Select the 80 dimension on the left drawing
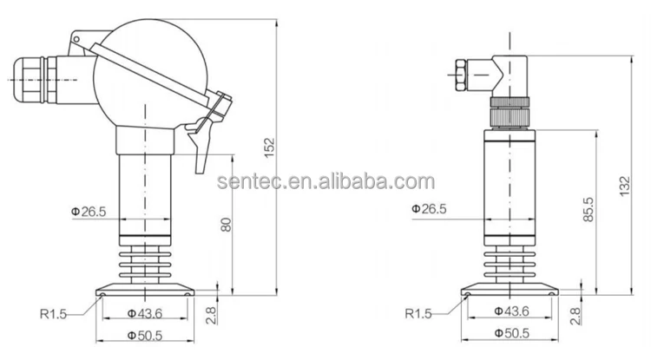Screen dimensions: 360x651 [x=227, y=224]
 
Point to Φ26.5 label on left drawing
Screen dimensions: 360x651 [x=89, y=210]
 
